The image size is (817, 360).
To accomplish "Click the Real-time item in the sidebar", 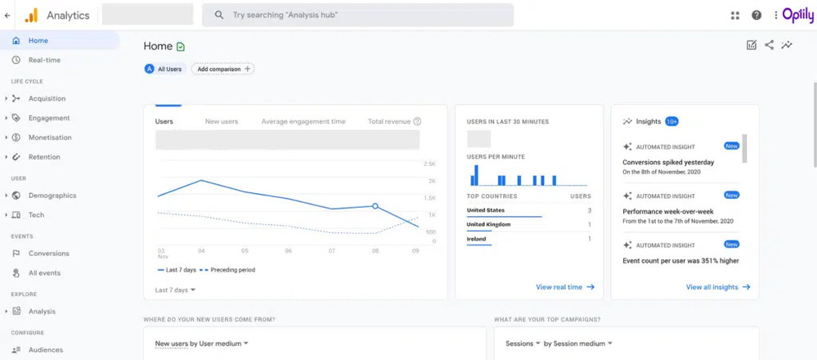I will [x=44, y=60].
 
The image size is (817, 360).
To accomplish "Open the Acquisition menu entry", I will [x=47, y=98].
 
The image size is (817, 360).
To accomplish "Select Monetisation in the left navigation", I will [x=50, y=137].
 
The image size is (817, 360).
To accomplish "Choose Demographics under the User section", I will [x=52, y=196].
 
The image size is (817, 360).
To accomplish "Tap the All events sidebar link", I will [x=44, y=272].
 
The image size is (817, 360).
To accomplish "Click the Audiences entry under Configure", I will [x=46, y=349].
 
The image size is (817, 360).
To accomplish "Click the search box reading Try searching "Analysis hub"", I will [x=358, y=15].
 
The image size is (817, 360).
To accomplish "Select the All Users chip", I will [x=164, y=69].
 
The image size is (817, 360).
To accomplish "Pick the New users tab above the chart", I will [x=221, y=121].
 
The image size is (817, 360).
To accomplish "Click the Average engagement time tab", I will [x=303, y=121].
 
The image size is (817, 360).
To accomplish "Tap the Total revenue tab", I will [x=389, y=121].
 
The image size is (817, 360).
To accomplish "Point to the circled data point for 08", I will [x=375, y=206].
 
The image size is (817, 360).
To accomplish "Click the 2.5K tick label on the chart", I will [x=429, y=164].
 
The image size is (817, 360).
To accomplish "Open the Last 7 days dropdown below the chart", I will [x=175, y=290].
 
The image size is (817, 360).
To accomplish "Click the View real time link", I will [x=564, y=287].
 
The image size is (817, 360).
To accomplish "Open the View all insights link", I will [x=717, y=287].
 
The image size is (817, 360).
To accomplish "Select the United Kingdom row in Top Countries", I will [x=489, y=224].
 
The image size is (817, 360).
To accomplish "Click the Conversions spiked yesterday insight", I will [x=668, y=162].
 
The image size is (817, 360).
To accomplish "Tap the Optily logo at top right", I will [x=797, y=15].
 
